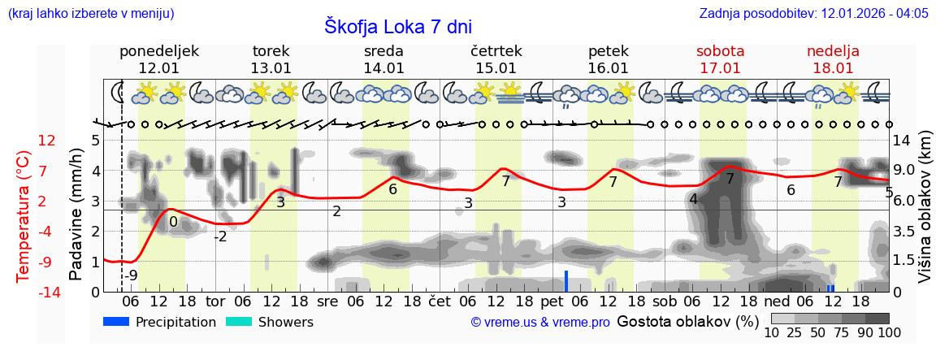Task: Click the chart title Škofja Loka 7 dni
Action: pos(397,26)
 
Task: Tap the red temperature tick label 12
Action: pos(47,141)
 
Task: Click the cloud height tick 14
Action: pos(902,141)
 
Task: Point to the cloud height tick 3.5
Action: pos(904,232)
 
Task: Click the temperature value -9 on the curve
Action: pos(131,275)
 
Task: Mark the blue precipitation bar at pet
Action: pos(566,281)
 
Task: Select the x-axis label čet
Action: pos(440,301)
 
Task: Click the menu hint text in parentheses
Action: pos(90,14)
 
